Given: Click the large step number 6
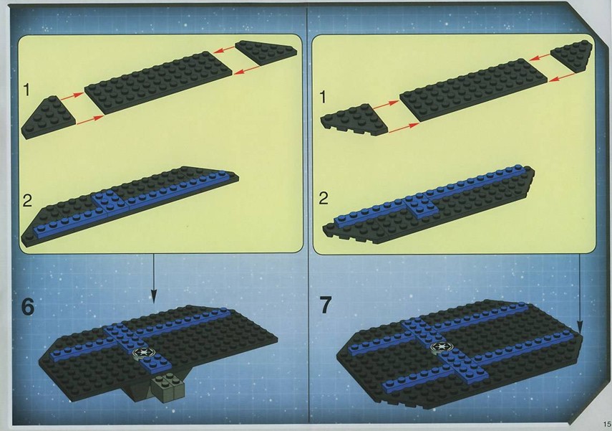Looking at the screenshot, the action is pyautogui.click(x=28, y=306).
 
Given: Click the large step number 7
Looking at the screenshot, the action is pyautogui.click(x=326, y=305).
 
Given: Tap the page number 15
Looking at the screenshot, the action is pyautogui.click(x=606, y=424).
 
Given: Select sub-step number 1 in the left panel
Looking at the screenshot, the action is pyautogui.click(x=26, y=90).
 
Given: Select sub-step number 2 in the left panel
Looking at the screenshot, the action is pyautogui.click(x=27, y=200).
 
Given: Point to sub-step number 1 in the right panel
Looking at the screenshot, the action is pyautogui.click(x=322, y=97).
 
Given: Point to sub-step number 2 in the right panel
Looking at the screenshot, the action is pyautogui.click(x=324, y=199).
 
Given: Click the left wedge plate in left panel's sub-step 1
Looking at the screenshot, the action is pyautogui.click(x=48, y=118).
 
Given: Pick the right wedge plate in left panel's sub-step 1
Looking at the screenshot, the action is pyautogui.click(x=266, y=52).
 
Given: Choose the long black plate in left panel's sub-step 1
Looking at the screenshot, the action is pyautogui.click(x=159, y=82).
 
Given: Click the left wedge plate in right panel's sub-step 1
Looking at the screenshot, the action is pyautogui.click(x=354, y=120).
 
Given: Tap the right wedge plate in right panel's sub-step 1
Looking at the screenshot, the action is pyautogui.click(x=571, y=56).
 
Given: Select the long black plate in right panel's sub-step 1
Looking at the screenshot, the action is pyautogui.click(x=473, y=90).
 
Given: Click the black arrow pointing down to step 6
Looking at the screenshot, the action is pyautogui.click(x=153, y=278).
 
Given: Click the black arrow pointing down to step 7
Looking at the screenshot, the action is pyautogui.click(x=580, y=293).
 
